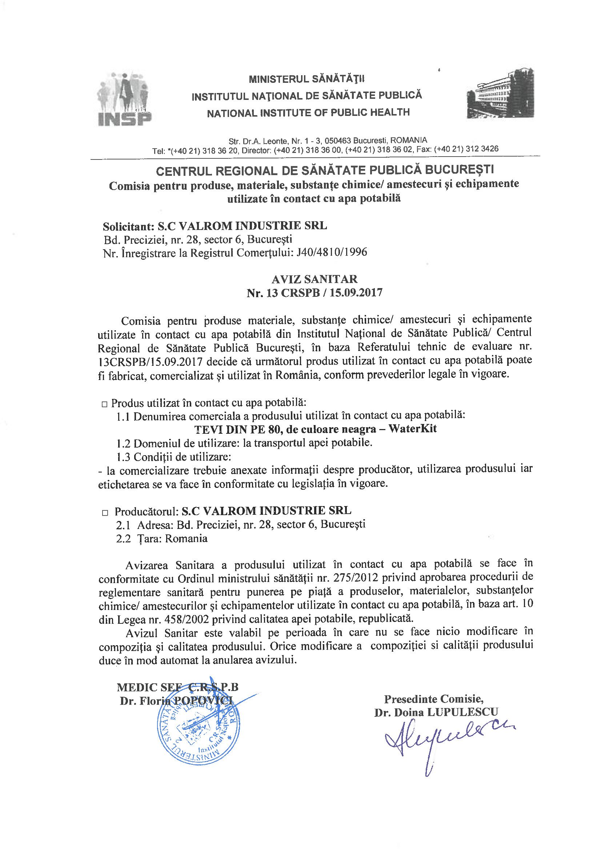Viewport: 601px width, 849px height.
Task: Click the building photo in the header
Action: tap(500, 94)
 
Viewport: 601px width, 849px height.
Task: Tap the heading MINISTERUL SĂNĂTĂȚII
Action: tap(306, 79)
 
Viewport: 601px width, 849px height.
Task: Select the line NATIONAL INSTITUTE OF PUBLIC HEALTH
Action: tap(308, 113)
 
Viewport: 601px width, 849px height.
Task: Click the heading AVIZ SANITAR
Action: tap(314, 279)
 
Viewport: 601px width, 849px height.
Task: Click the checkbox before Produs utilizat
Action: tap(104, 405)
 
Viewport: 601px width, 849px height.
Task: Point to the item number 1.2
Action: tap(123, 443)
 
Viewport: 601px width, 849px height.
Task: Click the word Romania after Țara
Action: tap(186, 538)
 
